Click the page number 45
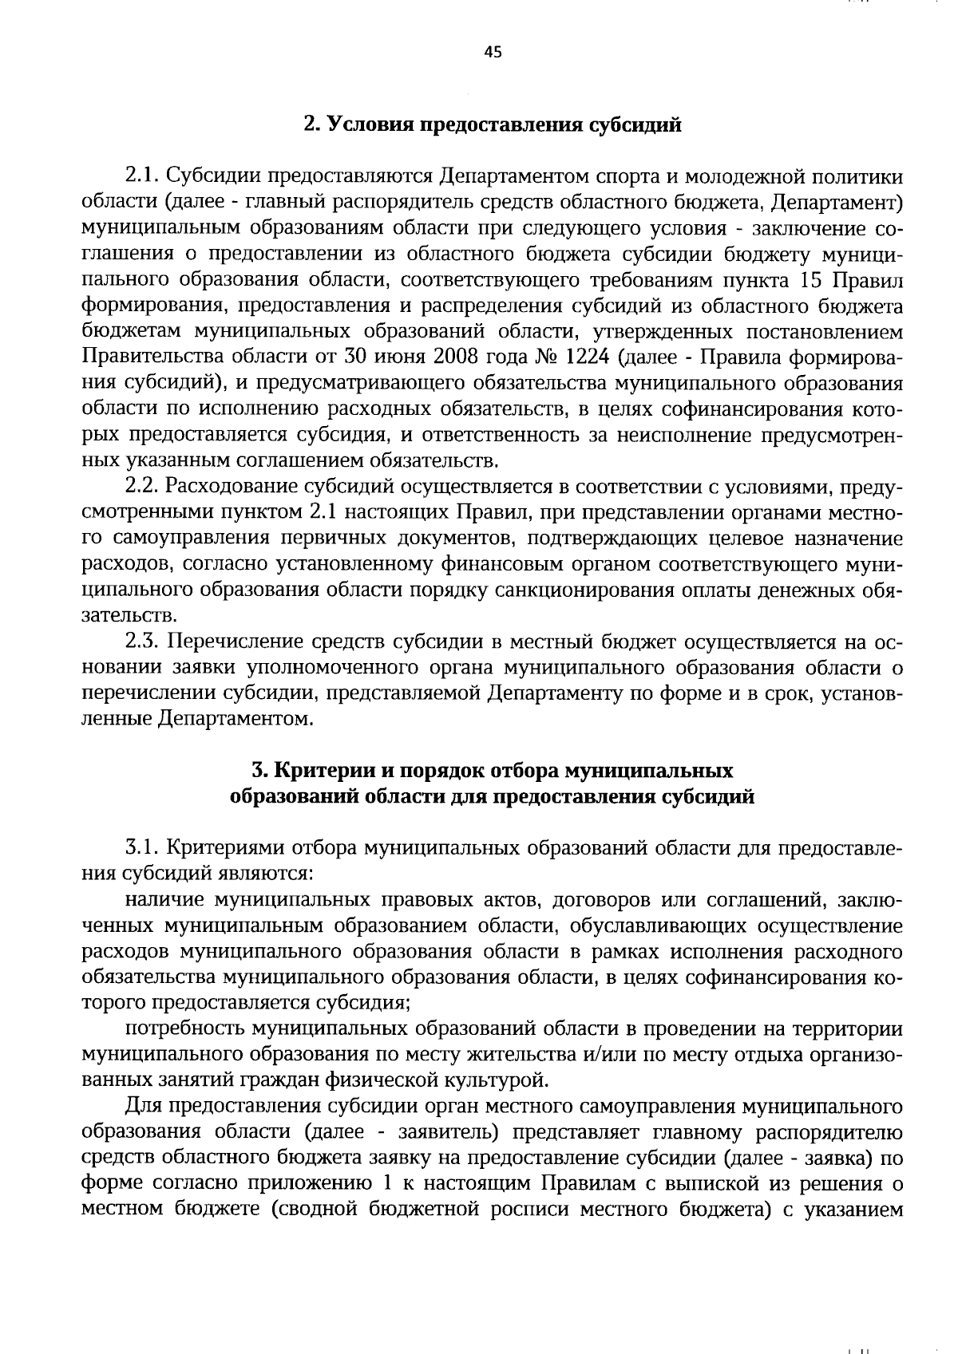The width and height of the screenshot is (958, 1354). (x=493, y=53)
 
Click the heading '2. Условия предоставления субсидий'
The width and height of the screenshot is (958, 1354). (x=493, y=125)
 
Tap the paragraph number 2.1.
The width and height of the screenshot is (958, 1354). (x=143, y=176)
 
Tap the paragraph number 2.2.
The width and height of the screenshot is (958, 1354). (x=143, y=487)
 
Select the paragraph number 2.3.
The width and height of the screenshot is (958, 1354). (x=143, y=642)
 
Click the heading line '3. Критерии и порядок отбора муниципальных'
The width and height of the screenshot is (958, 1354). (x=493, y=771)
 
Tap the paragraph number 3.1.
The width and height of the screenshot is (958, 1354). (x=143, y=848)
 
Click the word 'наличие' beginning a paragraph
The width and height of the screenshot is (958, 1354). (x=163, y=901)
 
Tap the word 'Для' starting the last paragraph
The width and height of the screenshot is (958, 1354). (x=142, y=1107)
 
